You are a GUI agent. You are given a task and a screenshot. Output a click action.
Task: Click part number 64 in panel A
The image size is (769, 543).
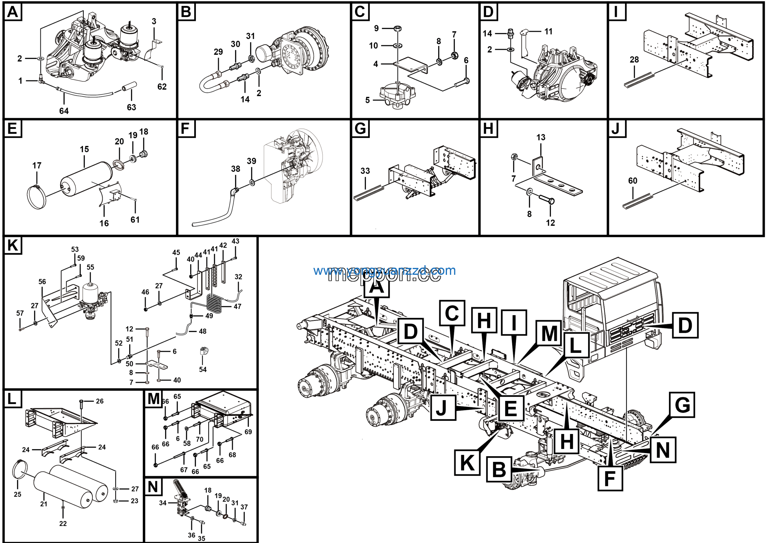(x=64, y=111)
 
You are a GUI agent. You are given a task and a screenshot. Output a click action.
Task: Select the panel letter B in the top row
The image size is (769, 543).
(x=186, y=12)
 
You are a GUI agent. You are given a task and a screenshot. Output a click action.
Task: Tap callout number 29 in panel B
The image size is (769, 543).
(x=218, y=52)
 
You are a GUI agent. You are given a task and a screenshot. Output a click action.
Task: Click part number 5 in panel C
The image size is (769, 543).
(x=367, y=100)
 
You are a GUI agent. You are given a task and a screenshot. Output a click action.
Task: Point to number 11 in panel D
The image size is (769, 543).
(x=548, y=32)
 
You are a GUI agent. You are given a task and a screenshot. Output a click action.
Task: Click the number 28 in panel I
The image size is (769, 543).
(x=634, y=59)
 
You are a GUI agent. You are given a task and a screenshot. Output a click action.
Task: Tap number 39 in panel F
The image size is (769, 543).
(x=251, y=161)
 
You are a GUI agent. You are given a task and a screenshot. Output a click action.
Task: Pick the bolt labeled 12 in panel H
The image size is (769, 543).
(x=547, y=201)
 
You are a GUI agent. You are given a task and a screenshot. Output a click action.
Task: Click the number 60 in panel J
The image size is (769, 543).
(x=632, y=181)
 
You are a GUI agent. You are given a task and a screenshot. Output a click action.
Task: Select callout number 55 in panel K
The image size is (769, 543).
(x=90, y=267)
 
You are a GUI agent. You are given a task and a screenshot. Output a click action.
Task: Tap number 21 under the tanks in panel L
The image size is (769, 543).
(x=44, y=504)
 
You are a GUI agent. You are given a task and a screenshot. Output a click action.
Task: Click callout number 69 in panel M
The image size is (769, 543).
(x=248, y=432)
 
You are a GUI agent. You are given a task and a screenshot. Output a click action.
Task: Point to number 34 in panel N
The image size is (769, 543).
(x=163, y=503)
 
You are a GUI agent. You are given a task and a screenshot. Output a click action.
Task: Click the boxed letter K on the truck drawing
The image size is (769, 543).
(x=467, y=463)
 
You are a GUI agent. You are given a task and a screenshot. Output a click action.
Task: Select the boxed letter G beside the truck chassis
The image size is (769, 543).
(x=682, y=405)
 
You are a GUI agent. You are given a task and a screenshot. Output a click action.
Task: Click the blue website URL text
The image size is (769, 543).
(x=384, y=270)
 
